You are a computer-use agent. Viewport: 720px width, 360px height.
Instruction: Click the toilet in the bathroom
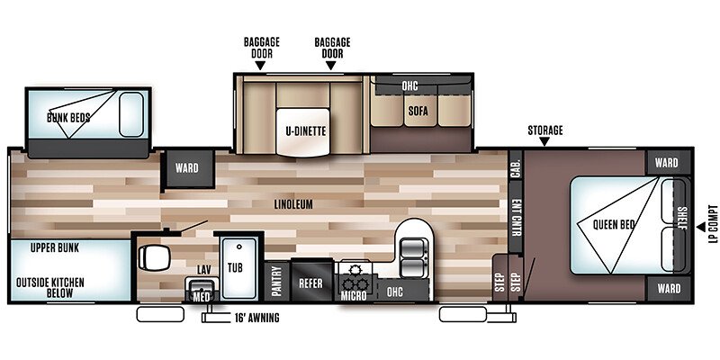(153, 257)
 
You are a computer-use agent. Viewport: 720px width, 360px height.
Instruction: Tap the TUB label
(235, 267)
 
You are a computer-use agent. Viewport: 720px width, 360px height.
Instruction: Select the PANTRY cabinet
(277, 282)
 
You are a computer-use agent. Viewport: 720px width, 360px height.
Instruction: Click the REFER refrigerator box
(310, 283)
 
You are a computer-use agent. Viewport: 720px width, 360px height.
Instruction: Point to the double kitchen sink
(414, 258)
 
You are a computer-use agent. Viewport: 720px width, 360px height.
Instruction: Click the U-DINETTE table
(303, 132)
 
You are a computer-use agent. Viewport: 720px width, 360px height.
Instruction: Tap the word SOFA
(418, 111)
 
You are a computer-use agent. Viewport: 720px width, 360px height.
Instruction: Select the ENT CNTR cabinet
(515, 216)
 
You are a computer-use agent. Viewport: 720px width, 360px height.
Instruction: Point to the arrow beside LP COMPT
(701, 227)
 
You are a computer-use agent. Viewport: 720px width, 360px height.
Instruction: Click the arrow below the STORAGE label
(544, 142)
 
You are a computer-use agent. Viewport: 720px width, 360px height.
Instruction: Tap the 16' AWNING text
(256, 318)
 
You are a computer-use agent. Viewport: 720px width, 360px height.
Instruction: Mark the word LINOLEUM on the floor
(293, 204)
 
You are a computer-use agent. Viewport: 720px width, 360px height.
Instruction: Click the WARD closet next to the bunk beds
(187, 168)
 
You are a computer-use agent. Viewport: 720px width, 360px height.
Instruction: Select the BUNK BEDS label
(68, 118)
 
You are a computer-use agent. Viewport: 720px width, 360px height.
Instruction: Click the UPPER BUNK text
(55, 248)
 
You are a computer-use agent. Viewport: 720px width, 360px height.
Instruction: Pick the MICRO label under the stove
(354, 296)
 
